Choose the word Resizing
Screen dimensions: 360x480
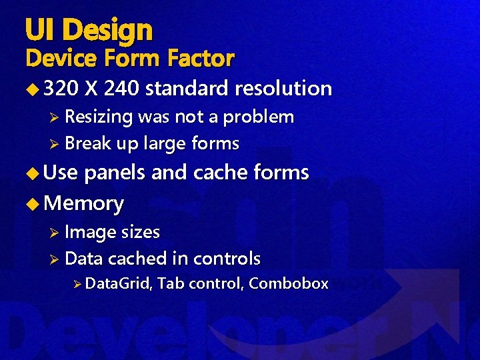pyautogui.click(x=99, y=117)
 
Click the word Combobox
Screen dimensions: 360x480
pyautogui.click(x=289, y=283)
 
